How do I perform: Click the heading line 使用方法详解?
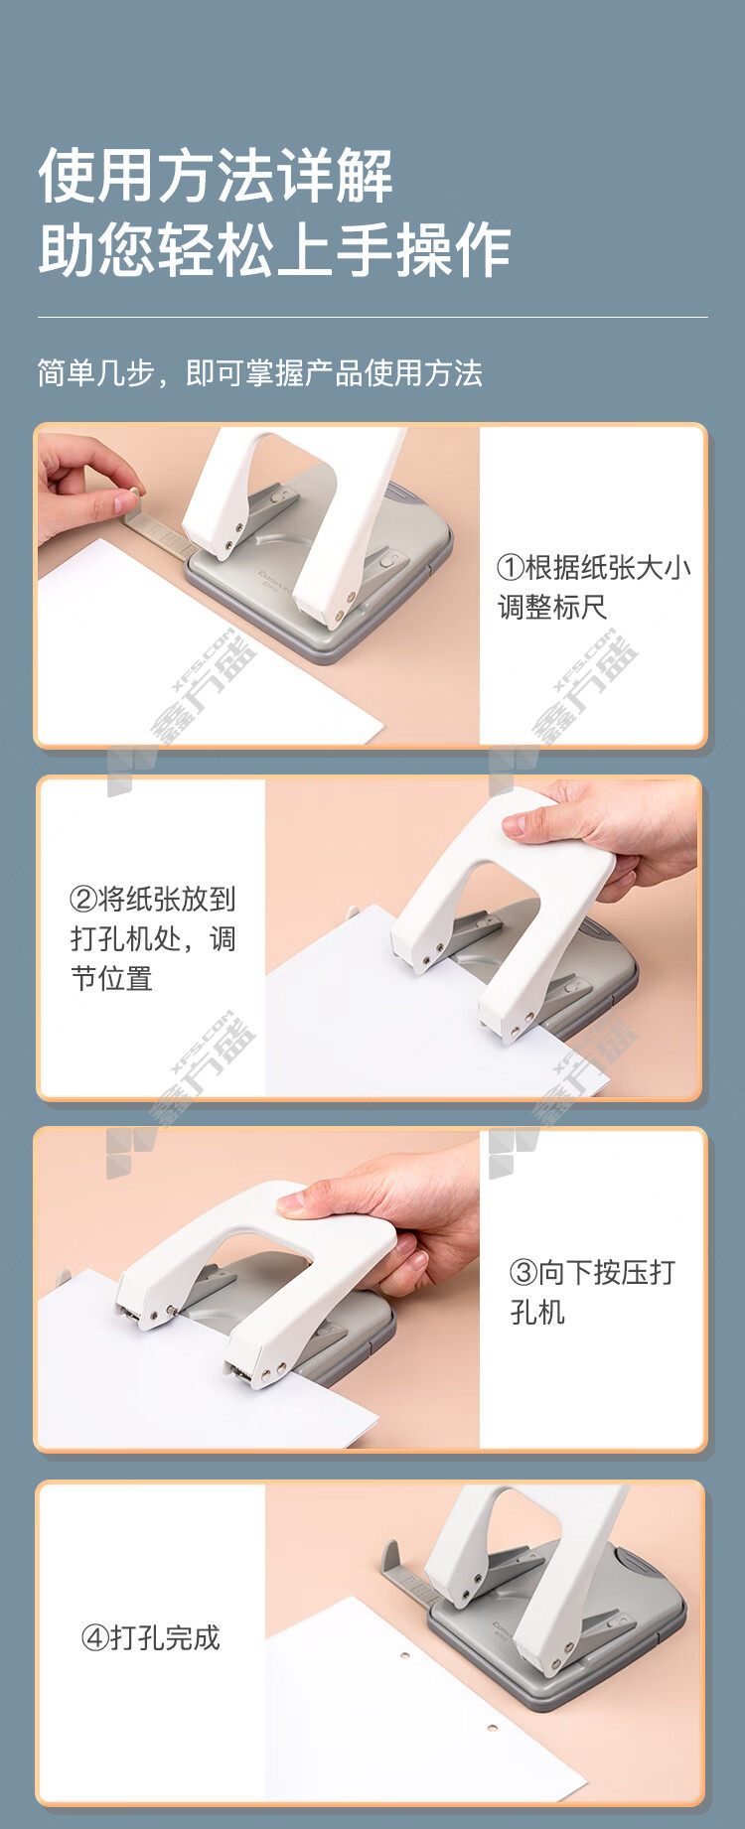click(216, 176)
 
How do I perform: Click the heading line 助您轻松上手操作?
click(274, 249)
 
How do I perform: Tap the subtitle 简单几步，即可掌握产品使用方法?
click(260, 373)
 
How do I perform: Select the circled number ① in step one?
click(510, 568)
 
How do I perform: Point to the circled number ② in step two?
click(83, 900)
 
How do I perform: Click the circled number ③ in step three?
click(523, 1273)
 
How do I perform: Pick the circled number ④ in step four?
click(94, 1637)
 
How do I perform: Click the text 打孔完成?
click(165, 1637)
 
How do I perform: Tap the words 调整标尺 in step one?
click(552, 608)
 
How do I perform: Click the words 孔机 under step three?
click(537, 1313)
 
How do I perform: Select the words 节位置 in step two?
click(111, 979)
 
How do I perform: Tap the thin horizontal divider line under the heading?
click(372, 318)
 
